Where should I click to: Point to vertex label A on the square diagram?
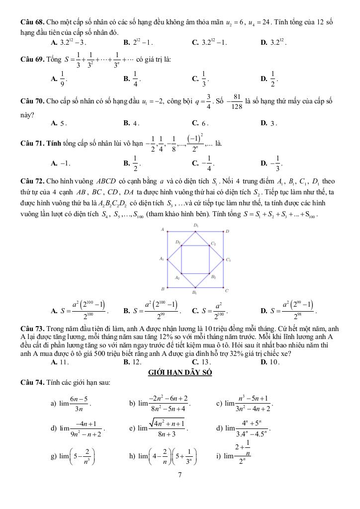[x=162, y=230]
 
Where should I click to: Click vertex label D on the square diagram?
[x=227, y=231]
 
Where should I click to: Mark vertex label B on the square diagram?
[x=162, y=289]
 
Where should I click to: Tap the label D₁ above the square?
[x=195, y=225]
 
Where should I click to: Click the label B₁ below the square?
[x=195, y=293]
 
